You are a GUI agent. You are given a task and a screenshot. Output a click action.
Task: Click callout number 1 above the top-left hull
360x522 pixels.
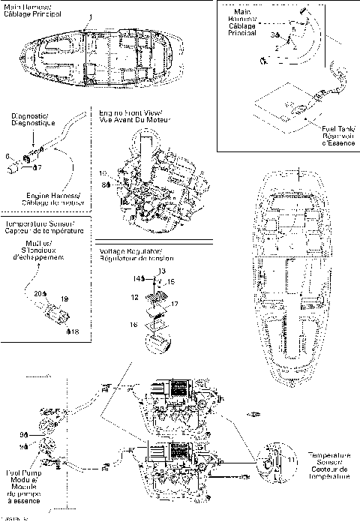click(x=91, y=16)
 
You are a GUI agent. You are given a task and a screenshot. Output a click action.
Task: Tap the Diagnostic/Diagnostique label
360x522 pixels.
click(x=30, y=120)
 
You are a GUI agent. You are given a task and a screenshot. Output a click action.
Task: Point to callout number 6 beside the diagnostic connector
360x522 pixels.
click(x=7, y=156)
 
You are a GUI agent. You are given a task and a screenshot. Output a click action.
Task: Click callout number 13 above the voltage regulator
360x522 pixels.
click(x=162, y=269)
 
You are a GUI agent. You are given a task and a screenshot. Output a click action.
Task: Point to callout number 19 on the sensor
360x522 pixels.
click(x=64, y=298)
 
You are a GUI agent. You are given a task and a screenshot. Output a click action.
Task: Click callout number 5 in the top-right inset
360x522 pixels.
click(x=293, y=29)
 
